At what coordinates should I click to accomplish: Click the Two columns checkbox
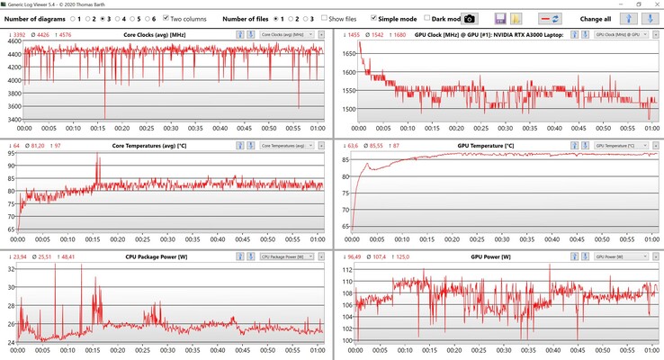(166, 18)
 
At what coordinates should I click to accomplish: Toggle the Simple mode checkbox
(374, 18)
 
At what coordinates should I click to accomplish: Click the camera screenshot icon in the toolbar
(469, 18)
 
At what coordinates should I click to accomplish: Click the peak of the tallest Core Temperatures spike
(98, 155)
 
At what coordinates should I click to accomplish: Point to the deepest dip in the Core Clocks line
(105, 118)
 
